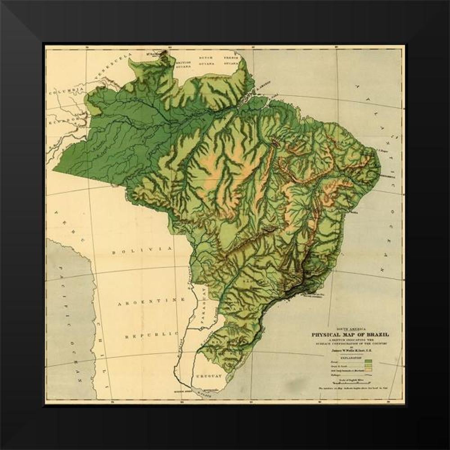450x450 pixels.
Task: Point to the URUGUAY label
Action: click(x=208, y=376)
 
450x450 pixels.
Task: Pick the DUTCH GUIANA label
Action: click(x=208, y=62)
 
